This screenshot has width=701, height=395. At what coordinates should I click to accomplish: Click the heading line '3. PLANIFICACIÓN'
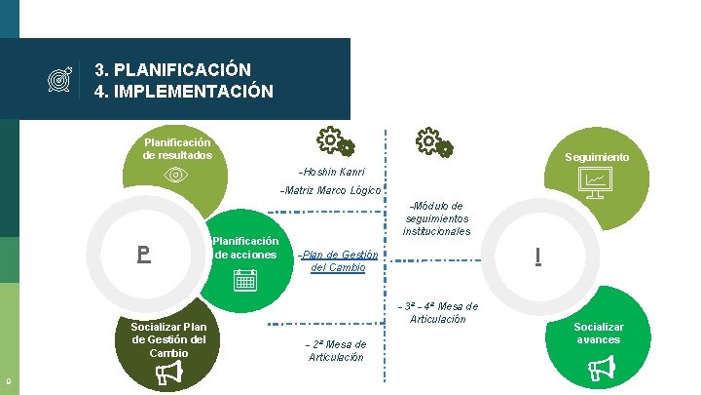[x=172, y=70]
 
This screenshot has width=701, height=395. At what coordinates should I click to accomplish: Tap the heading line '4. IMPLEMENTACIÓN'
[x=183, y=93]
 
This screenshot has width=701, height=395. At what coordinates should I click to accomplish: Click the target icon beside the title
[x=60, y=82]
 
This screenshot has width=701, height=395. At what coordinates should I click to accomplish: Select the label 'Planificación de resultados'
[x=177, y=148]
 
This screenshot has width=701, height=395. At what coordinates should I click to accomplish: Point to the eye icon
[x=175, y=175]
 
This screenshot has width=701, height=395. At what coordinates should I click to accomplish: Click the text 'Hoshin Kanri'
[x=332, y=171]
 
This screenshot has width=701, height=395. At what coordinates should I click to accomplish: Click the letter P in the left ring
[x=143, y=256]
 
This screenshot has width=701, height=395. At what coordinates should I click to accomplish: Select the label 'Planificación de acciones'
[x=245, y=248]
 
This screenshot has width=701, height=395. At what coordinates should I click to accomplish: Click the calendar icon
[x=245, y=281]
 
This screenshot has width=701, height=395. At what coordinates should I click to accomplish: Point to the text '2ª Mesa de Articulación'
[x=336, y=350]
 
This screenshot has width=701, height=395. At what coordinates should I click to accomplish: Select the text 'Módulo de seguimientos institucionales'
[x=436, y=218]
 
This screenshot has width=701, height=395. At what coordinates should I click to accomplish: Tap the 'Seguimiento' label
[x=597, y=157]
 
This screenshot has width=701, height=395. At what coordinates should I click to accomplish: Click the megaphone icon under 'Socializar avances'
[x=598, y=368]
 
